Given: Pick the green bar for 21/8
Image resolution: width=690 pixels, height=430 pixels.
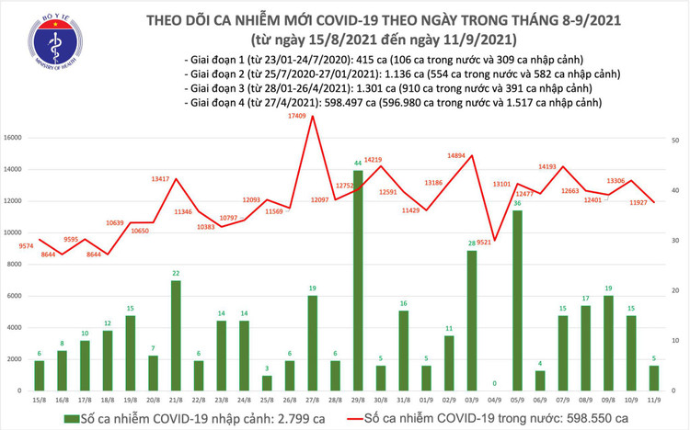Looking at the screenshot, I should (176, 335).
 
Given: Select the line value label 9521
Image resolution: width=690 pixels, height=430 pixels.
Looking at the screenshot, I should (487, 243).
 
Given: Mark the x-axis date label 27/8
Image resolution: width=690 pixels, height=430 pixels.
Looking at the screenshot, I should (312, 401).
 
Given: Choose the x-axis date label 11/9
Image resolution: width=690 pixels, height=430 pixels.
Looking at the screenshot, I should (652, 401).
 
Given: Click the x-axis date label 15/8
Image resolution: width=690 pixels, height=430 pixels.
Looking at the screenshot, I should (40, 401).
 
